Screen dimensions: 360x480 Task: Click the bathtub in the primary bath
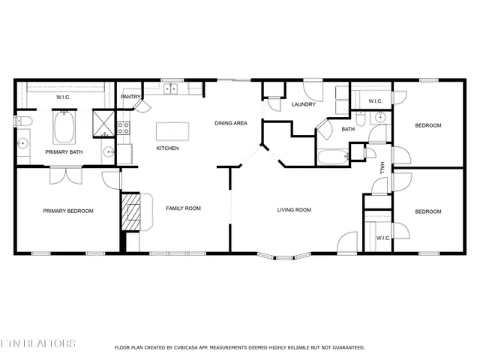pos(64,127)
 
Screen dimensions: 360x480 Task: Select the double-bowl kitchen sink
pos(171,88)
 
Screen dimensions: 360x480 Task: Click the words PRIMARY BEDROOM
pos(67,211)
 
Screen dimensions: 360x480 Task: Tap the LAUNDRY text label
pos(304,104)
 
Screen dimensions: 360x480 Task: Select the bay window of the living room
pos(283,257)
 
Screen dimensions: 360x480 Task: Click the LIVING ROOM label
pos(294,210)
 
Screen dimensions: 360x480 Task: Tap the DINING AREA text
pos(230,123)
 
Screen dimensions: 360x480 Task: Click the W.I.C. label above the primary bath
pos(64,97)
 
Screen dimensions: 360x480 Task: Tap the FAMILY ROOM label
pos(183,208)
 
